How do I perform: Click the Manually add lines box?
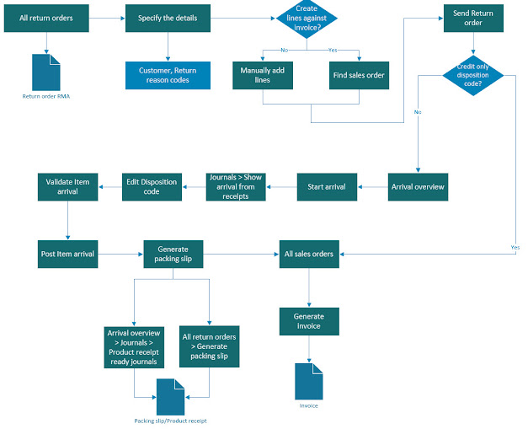pos(263,75)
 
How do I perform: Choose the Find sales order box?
pos(360,75)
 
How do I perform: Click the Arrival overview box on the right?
pos(418,186)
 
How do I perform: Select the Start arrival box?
pos(327,186)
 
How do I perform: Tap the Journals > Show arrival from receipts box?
pos(237,186)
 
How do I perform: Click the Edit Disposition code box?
pos(153,186)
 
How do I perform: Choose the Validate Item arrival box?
pos(68,186)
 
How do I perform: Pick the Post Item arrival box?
pos(68,254)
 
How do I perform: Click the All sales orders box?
pos(310,254)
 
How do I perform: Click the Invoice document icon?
pos(309,380)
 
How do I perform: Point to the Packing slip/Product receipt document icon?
pos(171,394)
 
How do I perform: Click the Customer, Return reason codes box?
pos(168,75)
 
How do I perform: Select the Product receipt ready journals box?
pos(135,347)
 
